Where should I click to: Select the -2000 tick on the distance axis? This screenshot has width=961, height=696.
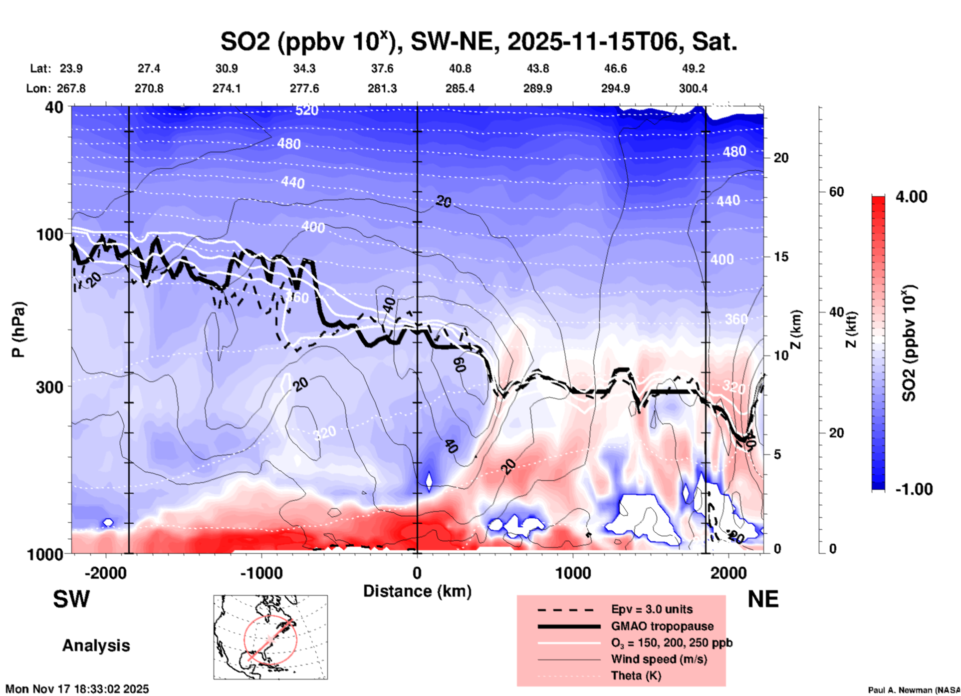(x=105, y=573)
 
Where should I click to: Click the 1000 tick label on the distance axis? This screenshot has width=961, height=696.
(x=573, y=573)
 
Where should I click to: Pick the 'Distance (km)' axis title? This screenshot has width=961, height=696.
(x=417, y=591)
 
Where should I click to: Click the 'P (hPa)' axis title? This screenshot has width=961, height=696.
(x=18, y=330)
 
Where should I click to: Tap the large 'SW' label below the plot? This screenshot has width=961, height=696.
(x=71, y=599)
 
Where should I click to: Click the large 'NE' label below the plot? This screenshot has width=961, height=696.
(x=763, y=599)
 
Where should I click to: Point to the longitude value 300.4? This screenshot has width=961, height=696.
(x=693, y=88)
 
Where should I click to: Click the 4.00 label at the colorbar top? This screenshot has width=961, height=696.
(x=911, y=197)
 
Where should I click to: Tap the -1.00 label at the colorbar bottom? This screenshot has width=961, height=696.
(x=914, y=489)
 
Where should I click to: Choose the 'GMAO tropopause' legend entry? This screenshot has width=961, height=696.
(x=662, y=626)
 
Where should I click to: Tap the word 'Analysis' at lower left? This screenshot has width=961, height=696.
(x=96, y=646)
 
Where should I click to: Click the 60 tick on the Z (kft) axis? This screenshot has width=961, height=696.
(x=836, y=192)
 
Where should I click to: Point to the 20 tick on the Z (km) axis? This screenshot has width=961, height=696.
(x=781, y=158)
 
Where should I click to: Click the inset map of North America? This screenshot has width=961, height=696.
(x=270, y=637)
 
